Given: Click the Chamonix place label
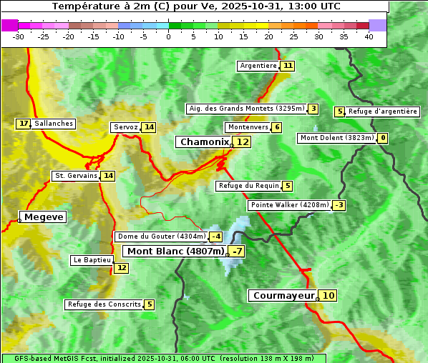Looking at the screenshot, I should tap(204, 142).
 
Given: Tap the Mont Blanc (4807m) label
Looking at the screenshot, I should tap(175, 251).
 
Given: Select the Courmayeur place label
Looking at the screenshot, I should tap(284, 295).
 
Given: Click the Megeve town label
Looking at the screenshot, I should tap(44, 217).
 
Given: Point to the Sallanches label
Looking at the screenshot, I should tap(54, 124).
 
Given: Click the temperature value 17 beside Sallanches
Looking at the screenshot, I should tap(24, 124).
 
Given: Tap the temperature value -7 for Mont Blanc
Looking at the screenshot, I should tap(236, 251).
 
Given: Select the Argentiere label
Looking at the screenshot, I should tap(258, 66).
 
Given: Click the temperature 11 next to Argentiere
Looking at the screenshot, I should tap(287, 66).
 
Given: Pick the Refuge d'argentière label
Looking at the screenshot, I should tap(382, 111).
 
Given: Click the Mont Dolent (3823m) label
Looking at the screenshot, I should tap(336, 138).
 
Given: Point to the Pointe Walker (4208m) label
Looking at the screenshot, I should tap(289, 205).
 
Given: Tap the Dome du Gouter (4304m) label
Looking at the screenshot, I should tap(162, 237).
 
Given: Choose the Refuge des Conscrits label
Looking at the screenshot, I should tap(104, 304).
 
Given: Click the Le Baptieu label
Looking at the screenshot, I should tap(92, 260).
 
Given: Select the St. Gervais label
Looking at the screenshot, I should tap(75, 176).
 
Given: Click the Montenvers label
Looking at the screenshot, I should tap(248, 127).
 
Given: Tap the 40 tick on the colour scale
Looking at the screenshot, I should tap(369, 36).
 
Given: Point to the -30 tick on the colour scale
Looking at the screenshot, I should tap(19, 36).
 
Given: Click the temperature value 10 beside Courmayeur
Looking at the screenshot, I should tap(328, 295).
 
